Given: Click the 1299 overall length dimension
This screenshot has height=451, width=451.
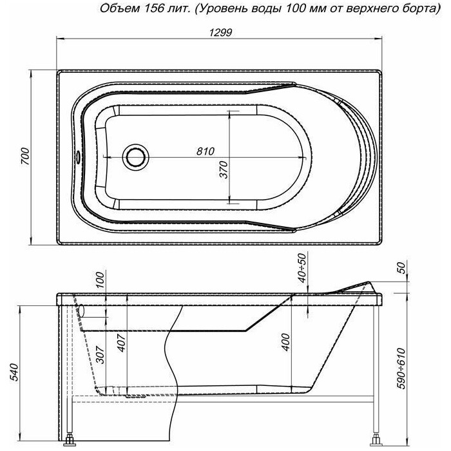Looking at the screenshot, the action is (220, 33).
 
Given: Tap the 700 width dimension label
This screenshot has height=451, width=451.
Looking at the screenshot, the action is (25, 157).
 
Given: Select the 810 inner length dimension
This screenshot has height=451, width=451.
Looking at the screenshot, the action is (206, 151).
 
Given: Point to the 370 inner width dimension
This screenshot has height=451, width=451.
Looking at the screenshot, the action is (224, 169).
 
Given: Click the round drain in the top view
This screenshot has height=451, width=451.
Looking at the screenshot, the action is (136, 157).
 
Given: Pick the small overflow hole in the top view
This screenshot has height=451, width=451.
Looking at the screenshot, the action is (78, 157).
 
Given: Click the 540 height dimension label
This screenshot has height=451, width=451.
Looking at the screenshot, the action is (14, 372).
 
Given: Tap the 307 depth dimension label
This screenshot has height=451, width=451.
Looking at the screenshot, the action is (101, 354).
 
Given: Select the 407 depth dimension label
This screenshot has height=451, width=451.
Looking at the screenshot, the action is (121, 343).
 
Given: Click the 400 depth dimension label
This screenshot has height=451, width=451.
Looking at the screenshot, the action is (286, 342).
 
